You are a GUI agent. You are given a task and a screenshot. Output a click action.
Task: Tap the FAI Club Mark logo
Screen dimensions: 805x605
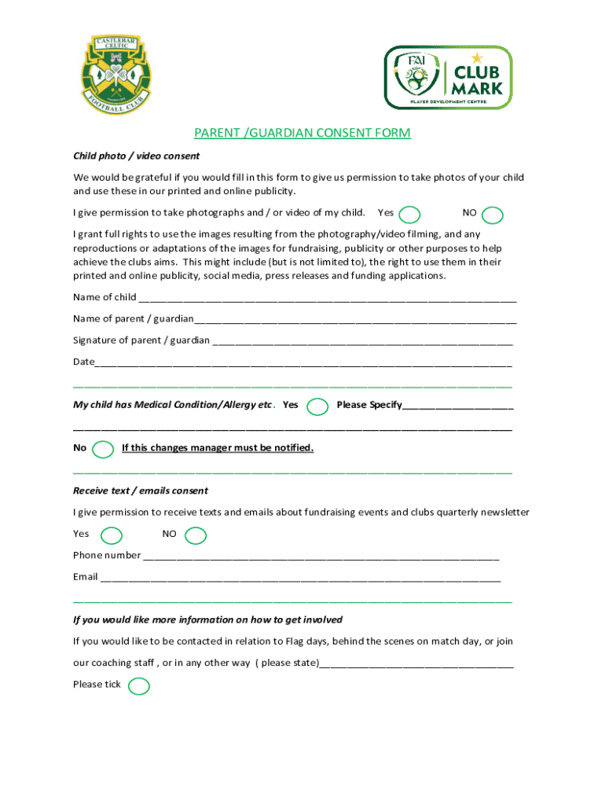[447, 77]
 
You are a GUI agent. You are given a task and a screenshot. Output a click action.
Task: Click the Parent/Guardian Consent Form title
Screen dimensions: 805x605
[302, 133]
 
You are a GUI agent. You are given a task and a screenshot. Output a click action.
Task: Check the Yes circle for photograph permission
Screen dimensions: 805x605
[409, 215]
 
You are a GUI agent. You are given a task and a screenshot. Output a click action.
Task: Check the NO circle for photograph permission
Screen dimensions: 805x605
[493, 215]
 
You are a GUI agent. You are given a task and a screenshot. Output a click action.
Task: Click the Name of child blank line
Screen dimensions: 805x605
[327, 299]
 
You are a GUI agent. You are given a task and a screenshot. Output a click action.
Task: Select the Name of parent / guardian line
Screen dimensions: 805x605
[355, 320]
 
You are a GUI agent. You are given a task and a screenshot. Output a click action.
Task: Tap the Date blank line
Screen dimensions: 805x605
[303, 363]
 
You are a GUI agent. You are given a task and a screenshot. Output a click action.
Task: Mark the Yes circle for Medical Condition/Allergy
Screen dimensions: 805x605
[318, 406]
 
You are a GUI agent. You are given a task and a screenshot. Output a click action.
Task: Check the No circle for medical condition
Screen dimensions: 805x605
[103, 450]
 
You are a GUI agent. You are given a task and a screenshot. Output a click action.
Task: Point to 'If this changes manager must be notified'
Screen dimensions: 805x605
[218, 448]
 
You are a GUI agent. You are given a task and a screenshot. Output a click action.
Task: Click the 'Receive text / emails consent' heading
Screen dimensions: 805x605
[141, 491]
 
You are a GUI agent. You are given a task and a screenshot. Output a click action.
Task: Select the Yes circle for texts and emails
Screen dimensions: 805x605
[112, 535]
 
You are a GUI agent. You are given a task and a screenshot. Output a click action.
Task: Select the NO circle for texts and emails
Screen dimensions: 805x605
[196, 536]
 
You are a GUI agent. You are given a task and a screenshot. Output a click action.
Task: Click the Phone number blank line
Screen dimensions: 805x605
[321, 557]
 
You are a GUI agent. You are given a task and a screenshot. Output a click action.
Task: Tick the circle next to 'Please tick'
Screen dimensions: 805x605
[138, 686]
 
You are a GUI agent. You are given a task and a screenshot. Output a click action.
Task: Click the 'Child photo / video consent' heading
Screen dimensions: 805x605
[137, 156]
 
